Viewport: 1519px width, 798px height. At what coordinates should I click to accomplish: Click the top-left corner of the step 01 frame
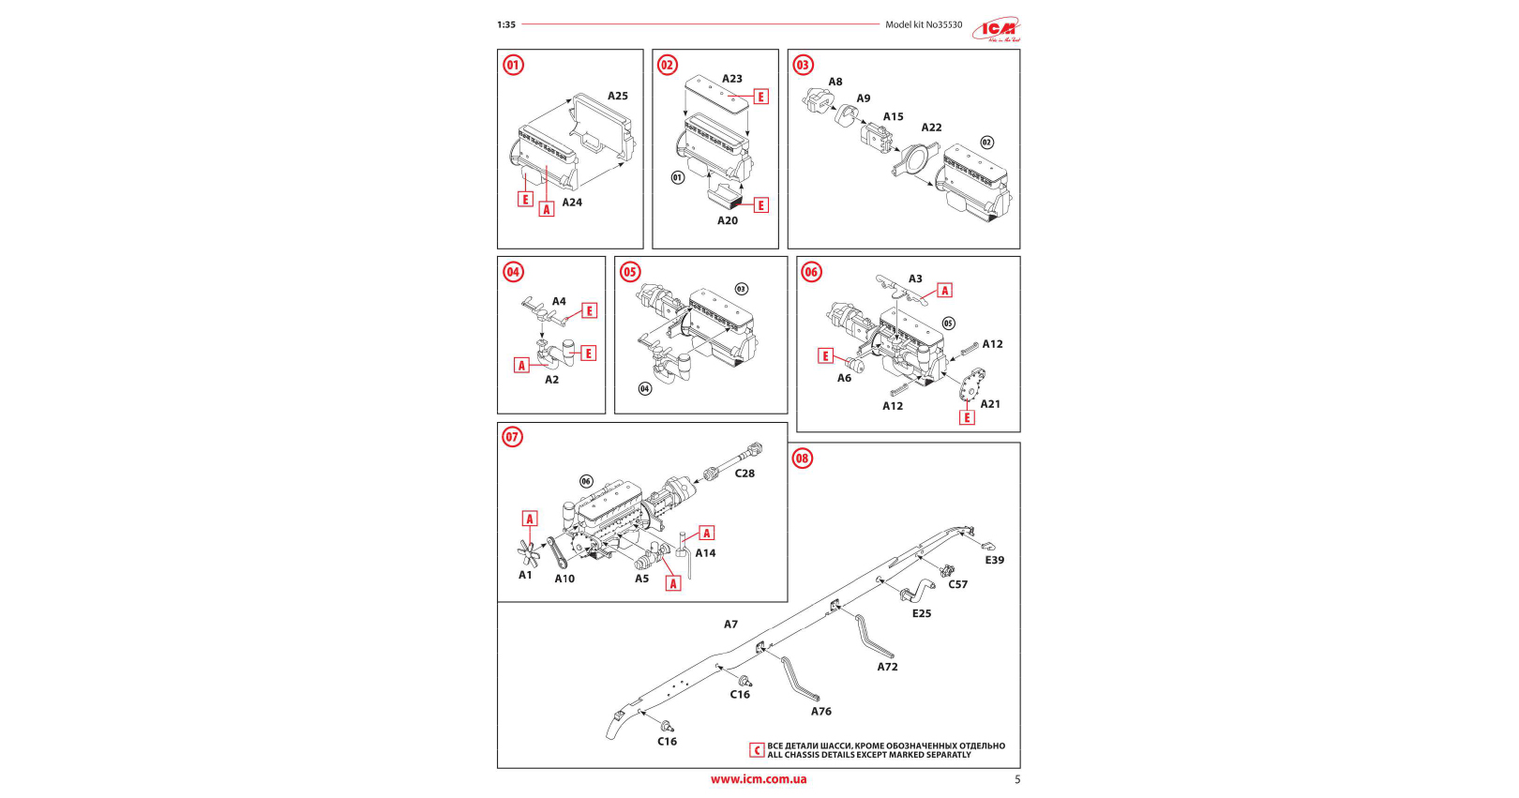[x=498, y=50]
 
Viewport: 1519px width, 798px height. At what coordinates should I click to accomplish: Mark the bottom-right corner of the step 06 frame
[x=1020, y=431]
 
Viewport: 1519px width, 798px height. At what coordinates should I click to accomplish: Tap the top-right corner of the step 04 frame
[x=605, y=257]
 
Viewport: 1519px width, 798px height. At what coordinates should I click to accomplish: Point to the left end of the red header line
[x=522, y=24]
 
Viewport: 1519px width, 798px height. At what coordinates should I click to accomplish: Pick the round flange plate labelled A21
[x=971, y=384]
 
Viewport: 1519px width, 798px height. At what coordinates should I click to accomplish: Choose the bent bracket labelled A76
[x=800, y=679]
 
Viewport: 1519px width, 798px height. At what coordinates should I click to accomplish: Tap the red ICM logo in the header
[x=996, y=28]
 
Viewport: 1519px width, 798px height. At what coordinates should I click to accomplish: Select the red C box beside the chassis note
[x=757, y=750]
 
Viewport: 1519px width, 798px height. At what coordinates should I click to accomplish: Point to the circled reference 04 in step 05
[x=644, y=388]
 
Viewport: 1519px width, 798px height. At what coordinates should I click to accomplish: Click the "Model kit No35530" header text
[x=924, y=24]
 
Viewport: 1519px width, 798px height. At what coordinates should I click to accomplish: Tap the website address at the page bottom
[x=759, y=779]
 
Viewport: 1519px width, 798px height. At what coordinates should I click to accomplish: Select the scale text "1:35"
[x=506, y=24]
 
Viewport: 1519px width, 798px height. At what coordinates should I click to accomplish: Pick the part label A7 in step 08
[x=730, y=624]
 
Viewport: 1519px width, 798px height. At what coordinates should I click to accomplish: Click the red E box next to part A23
[x=760, y=97]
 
